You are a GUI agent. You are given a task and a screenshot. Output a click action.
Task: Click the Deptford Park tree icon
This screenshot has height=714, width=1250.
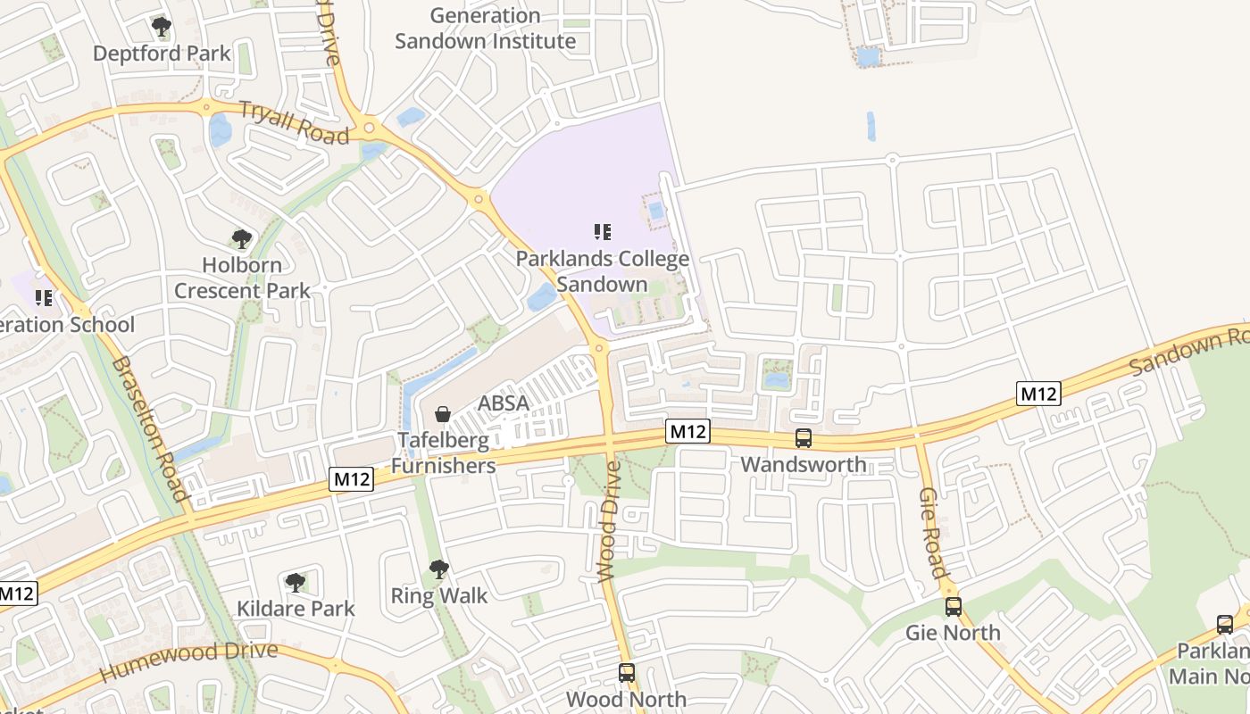[161, 27]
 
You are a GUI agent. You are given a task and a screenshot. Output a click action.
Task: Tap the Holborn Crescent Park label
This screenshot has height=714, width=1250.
[242, 278]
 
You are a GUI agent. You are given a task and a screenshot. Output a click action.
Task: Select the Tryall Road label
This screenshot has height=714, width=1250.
[294, 122]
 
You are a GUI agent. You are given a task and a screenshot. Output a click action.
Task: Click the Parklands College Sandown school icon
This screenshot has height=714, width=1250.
[603, 233]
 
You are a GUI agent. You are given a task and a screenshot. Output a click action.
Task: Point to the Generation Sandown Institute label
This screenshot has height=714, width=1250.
[485, 29]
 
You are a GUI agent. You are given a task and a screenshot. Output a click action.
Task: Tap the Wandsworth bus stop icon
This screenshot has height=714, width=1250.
[804, 438]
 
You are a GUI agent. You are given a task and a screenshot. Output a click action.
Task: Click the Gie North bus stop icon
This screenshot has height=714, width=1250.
[954, 607]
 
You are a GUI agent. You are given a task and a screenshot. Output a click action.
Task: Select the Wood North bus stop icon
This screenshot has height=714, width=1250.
[627, 673]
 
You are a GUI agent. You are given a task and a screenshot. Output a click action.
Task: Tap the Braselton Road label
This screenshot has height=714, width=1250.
[151, 428]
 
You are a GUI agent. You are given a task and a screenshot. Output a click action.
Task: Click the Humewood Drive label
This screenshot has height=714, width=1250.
[188, 662]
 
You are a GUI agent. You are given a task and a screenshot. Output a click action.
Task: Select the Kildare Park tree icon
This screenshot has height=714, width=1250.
[296, 583]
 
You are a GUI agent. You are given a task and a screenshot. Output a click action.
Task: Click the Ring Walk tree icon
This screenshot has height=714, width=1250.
[438, 569]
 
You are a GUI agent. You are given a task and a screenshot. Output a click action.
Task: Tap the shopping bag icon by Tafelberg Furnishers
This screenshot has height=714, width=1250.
[442, 414]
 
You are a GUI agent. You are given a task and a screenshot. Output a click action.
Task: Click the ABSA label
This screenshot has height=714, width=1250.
[504, 403]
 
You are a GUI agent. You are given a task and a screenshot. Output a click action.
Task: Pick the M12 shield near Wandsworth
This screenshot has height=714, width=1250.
[687, 432]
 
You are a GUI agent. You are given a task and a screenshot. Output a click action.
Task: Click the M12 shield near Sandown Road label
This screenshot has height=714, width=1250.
[1038, 393]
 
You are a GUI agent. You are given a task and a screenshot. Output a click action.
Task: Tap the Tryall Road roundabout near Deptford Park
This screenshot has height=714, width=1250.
[206, 108]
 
